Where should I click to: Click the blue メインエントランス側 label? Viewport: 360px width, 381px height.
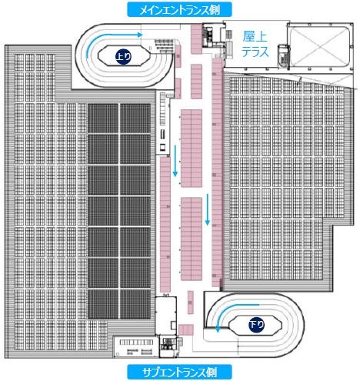tap(179, 9)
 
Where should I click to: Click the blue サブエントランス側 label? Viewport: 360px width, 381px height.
tap(179, 372)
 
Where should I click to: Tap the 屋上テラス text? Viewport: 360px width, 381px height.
tap(255, 44)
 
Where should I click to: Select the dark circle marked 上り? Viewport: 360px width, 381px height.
tap(123, 56)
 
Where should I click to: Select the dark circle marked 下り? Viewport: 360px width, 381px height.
tap(257, 325)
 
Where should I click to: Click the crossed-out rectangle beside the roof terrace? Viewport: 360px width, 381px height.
tap(320, 46)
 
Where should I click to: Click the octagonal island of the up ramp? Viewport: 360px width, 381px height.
tap(125, 56)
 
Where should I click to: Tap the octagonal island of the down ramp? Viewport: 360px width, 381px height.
tap(255, 325)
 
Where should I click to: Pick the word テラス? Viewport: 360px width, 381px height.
tap(255, 52)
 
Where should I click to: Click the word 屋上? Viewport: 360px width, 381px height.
tap(255, 37)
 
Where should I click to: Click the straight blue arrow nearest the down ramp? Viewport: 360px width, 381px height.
tap(208, 209)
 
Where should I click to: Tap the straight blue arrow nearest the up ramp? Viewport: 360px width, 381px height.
tap(175, 161)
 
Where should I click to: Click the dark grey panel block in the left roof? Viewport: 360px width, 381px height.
tap(119, 211)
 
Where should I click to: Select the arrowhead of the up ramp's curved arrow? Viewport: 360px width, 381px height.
tap(140, 35)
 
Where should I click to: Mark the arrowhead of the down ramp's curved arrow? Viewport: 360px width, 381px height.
tap(218, 330)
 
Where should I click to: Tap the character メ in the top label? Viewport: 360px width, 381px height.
tap(144, 10)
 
